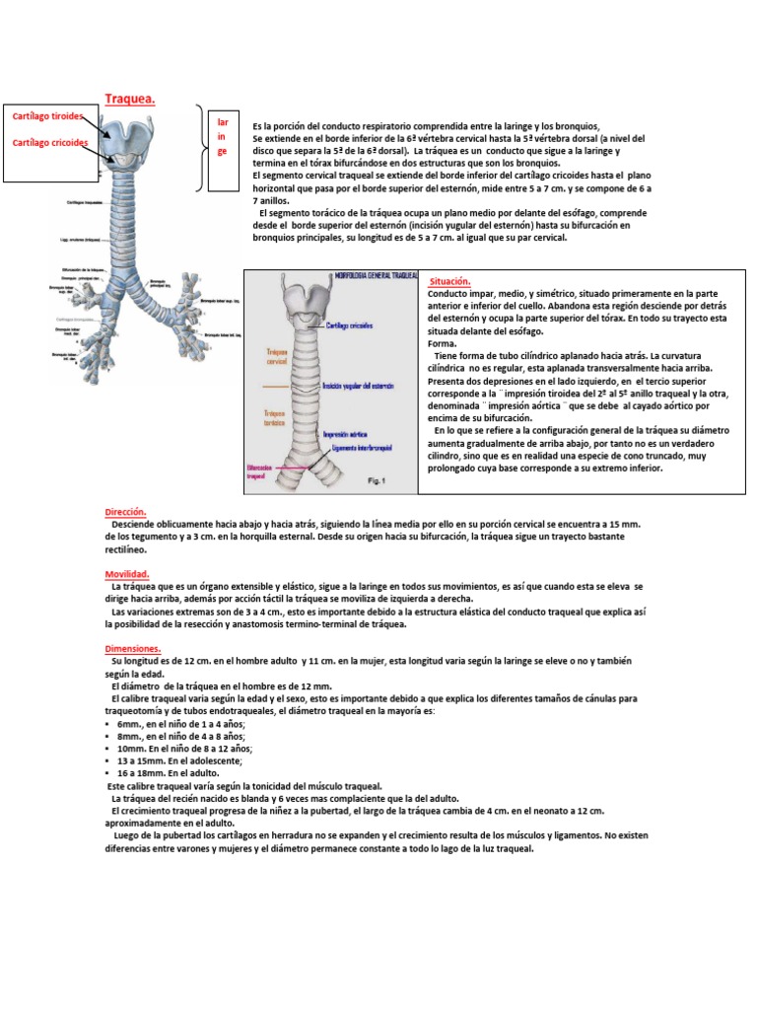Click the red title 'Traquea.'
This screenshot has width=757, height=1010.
pyautogui.click(x=129, y=98)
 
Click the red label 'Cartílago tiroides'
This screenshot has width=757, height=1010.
pyautogui.click(x=47, y=116)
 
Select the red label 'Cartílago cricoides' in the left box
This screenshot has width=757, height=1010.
pyautogui.click(x=50, y=143)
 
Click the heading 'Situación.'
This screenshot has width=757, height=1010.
pyautogui.click(x=450, y=281)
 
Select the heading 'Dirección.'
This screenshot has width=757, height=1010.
pyautogui.click(x=126, y=512)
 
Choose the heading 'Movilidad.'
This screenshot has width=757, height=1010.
pyautogui.click(x=127, y=573)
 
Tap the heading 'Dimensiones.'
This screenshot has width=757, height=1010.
pyautogui.click(x=133, y=648)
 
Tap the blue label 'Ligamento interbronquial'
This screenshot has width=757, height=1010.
pyautogui.click(x=357, y=447)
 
